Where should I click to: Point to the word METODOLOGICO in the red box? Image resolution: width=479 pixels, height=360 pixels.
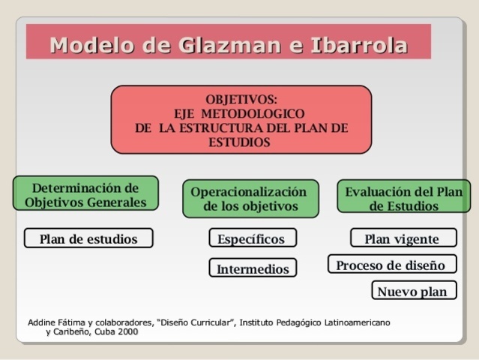259,114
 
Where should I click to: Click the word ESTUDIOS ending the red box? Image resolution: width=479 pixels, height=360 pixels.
241,142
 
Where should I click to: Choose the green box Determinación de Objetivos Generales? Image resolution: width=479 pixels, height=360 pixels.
85,194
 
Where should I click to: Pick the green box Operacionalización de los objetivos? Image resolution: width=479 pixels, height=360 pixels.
250,199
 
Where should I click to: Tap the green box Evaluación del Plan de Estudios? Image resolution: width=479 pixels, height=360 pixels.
403,198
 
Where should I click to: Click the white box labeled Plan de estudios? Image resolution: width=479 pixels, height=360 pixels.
88,238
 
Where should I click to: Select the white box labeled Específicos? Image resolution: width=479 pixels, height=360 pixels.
252,238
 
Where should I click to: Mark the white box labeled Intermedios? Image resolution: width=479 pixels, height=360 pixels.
253,268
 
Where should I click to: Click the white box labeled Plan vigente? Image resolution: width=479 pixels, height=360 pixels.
403,238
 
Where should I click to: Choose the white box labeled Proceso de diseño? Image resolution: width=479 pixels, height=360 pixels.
391,265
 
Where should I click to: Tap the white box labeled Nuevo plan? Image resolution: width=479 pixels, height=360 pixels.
413,291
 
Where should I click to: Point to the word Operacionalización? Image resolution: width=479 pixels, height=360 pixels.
249,191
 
